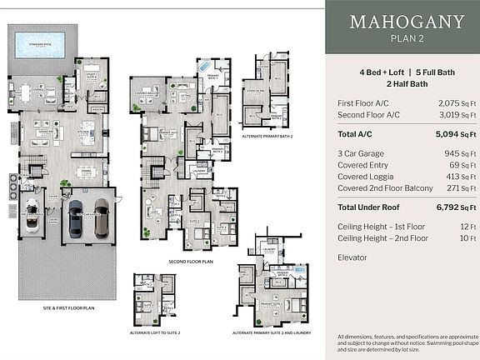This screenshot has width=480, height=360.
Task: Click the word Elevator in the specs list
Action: click(353, 257)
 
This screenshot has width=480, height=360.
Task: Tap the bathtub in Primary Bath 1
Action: click(204, 66)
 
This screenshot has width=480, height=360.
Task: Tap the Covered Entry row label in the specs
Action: click(362, 165)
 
